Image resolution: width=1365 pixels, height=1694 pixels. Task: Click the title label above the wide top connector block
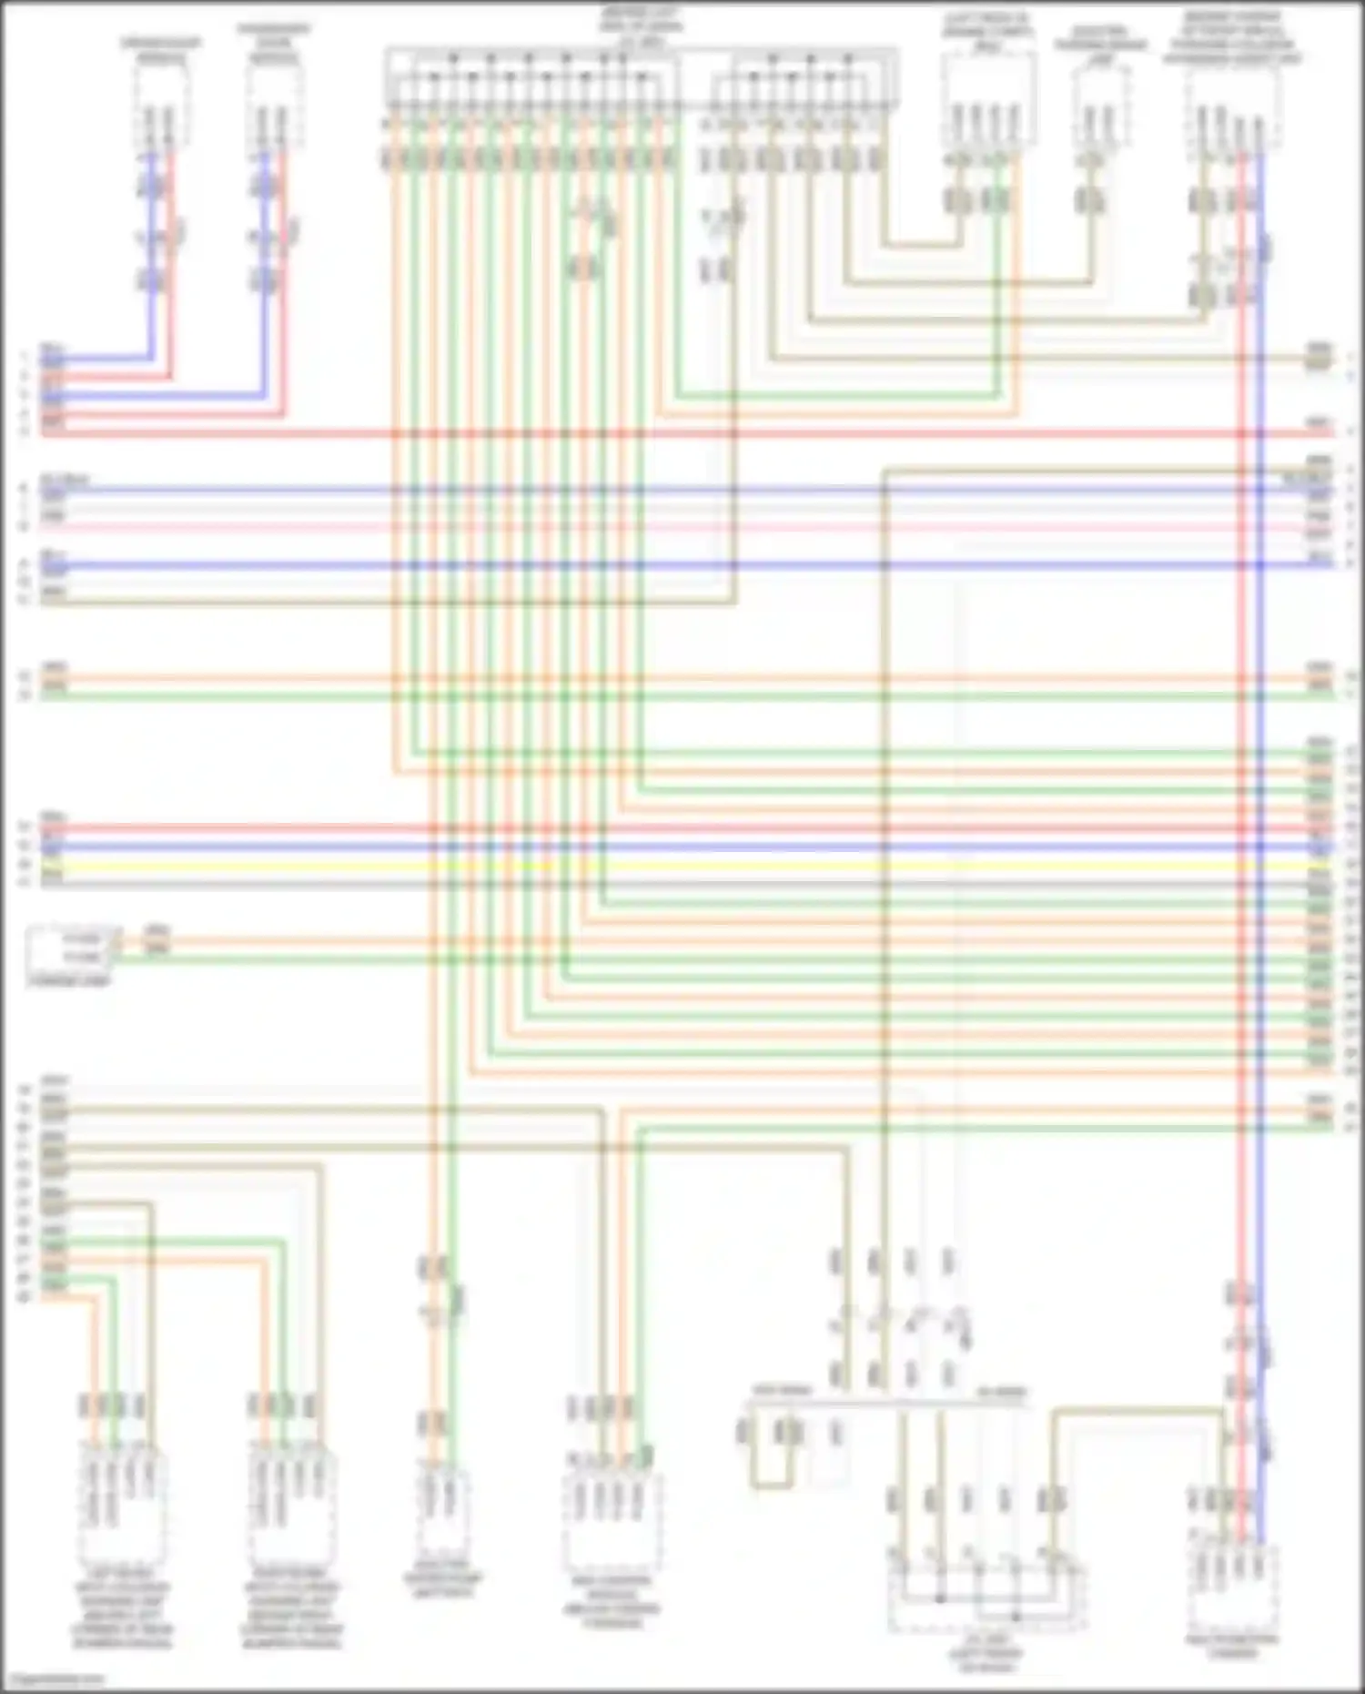click(x=641, y=27)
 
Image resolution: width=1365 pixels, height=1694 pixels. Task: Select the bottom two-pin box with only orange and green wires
click(x=443, y=1511)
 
